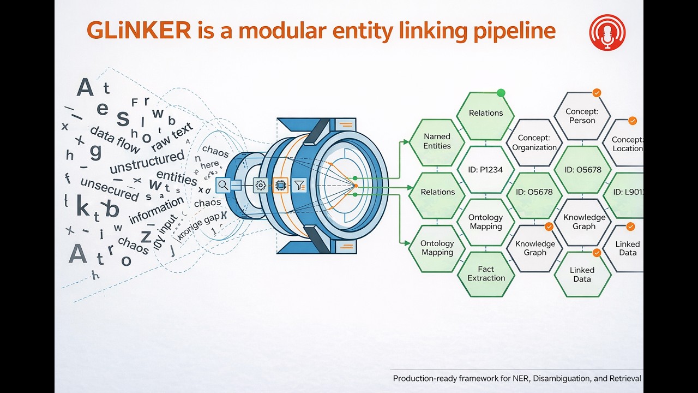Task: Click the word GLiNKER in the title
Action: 139,31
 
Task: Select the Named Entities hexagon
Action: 437,141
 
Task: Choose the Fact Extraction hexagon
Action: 486,273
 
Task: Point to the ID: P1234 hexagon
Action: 485,170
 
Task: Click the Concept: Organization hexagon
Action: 534,143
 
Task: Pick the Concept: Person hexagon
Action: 582,116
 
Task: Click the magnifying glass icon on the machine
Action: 223,185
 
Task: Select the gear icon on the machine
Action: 261,186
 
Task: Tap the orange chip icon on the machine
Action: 280,186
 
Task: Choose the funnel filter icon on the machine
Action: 298,186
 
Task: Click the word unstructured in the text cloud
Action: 147,162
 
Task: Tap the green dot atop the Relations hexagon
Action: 501,93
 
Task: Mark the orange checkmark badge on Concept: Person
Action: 597,93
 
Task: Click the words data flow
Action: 115,139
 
